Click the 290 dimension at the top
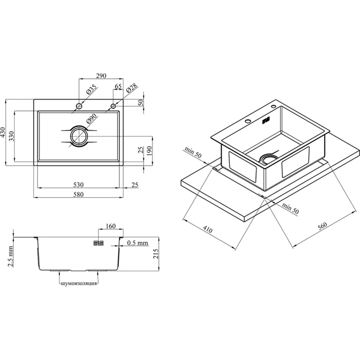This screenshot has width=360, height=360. [x=101, y=75]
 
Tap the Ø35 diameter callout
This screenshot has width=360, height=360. [x=91, y=90]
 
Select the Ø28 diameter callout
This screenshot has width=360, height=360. [x=132, y=87]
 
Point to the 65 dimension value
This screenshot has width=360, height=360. [x=118, y=86]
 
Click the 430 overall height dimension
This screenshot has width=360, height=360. [x=2, y=132]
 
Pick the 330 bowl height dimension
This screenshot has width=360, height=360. [x=11, y=136]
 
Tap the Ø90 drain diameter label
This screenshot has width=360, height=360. [x=91, y=119]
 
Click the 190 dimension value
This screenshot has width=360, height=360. [x=149, y=151]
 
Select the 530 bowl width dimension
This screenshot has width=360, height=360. [x=78, y=185]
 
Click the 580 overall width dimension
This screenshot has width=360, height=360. [x=78, y=194]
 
